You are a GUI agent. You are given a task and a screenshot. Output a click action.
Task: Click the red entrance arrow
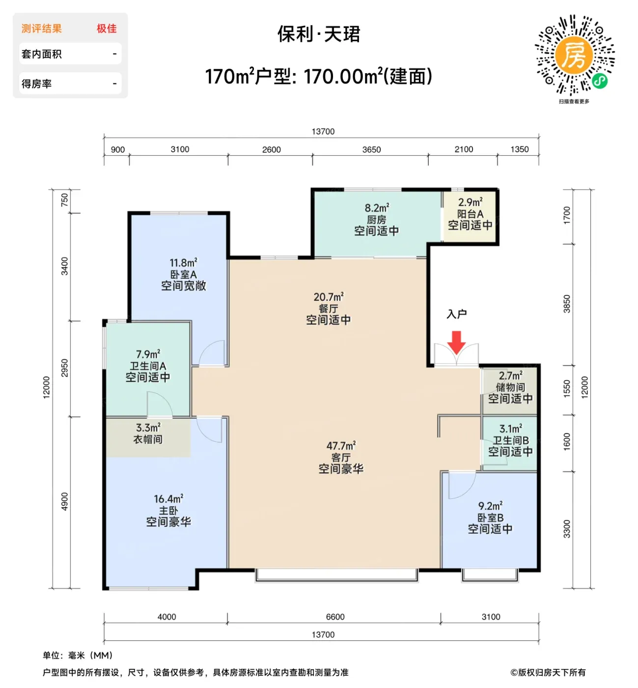tap(456, 342)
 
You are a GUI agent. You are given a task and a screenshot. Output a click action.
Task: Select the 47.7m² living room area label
tap(341, 446)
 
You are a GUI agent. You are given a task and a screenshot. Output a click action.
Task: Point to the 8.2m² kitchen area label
tap(377, 208)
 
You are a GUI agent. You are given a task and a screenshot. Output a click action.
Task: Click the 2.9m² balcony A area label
tap(470, 202)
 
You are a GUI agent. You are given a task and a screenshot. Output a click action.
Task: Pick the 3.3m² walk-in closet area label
tap(148, 428)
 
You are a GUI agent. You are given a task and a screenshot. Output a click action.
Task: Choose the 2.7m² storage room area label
tap(510, 376)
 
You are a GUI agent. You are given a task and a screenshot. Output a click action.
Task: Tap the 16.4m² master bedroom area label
tap(168, 499)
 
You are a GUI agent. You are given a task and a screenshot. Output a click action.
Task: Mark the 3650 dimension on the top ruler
tap(371, 150)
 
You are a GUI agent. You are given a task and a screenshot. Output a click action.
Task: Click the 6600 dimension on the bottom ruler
tap(335, 617)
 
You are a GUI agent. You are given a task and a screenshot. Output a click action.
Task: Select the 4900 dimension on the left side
tap(65, 501)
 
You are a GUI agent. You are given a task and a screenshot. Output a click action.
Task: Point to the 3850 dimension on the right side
tap(566, 304)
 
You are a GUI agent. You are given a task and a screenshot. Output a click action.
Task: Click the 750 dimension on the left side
tap(65, 200)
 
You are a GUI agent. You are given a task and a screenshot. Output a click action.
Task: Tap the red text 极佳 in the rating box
tap(107, 29)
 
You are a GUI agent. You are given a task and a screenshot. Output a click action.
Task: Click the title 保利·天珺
tap(319, 34)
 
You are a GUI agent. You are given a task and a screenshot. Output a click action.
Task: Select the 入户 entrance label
tap(456, 314)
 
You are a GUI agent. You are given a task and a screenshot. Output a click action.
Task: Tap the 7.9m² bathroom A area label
tap(148, 354)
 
